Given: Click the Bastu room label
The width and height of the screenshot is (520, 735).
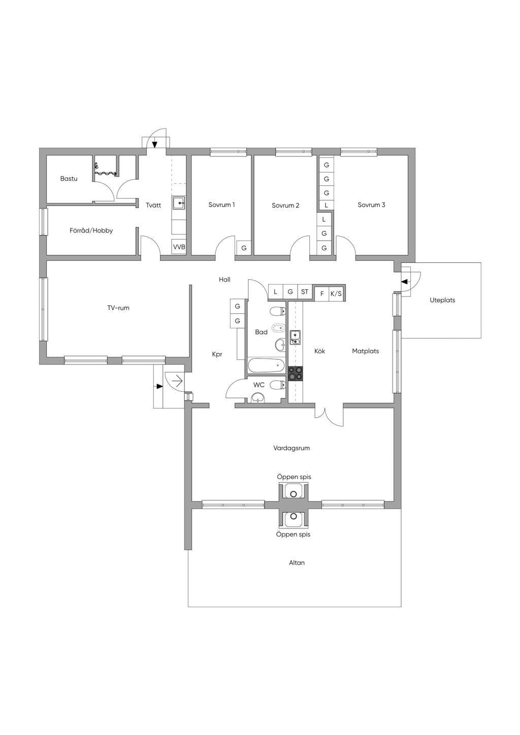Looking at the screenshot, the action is pos(69,179).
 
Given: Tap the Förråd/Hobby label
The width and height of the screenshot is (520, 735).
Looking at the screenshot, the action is pos(91,230).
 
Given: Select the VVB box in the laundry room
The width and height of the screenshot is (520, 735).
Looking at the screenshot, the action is pos(179,247).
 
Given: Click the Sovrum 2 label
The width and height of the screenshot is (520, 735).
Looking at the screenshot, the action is pos(285,206).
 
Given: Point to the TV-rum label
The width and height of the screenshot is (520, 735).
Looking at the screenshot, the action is pos(118,308).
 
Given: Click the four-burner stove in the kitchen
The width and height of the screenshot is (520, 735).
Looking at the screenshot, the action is pos(296,374).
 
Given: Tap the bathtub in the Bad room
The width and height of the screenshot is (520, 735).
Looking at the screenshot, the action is pos(266,365).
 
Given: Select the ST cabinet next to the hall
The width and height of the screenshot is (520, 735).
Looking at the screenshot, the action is pos(304,292).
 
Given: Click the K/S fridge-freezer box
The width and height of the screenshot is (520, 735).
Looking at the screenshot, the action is pos(336,294).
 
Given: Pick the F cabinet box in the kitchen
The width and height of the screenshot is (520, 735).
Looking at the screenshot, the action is pos(322,294).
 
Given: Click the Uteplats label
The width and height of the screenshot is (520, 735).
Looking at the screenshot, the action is pos(442,300).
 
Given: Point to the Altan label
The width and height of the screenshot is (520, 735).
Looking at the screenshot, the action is pos(297,563).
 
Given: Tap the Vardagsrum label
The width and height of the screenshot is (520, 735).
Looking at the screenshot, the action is pos(291,448).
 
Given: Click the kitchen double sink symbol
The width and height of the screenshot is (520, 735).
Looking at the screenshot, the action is pos(295,338).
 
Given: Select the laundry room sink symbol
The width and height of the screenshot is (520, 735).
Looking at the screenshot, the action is pos(179,203).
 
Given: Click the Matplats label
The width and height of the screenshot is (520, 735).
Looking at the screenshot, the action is pos(366,351).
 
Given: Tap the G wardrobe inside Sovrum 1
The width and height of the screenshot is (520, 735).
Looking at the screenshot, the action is pos(244,248).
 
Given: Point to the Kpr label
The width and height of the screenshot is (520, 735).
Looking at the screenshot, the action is pos(217,354).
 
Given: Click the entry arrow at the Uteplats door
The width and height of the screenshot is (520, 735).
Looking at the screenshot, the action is pos(405,282).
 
